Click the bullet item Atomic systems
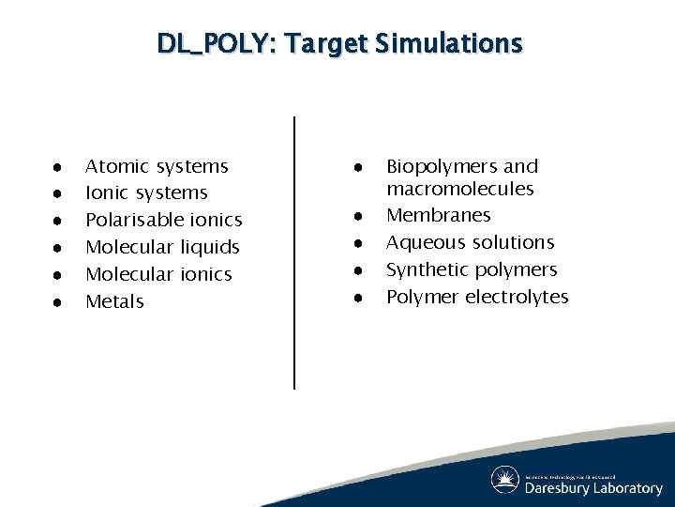pos(157,166)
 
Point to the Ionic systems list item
pos(146,192)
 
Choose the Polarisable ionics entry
pos(163,220)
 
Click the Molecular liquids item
pos(162,247)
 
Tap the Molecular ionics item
pos(158,274)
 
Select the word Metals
pos(114,301)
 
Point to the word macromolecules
pos(459,189)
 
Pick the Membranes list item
pos(438,215)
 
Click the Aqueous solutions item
pos(470,242)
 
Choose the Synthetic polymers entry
pos(472,269)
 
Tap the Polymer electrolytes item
pos(477,297)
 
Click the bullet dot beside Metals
pos(57,302)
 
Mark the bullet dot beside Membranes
pos(358,216)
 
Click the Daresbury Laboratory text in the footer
pos(593,488)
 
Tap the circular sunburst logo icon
pos(505,480)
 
